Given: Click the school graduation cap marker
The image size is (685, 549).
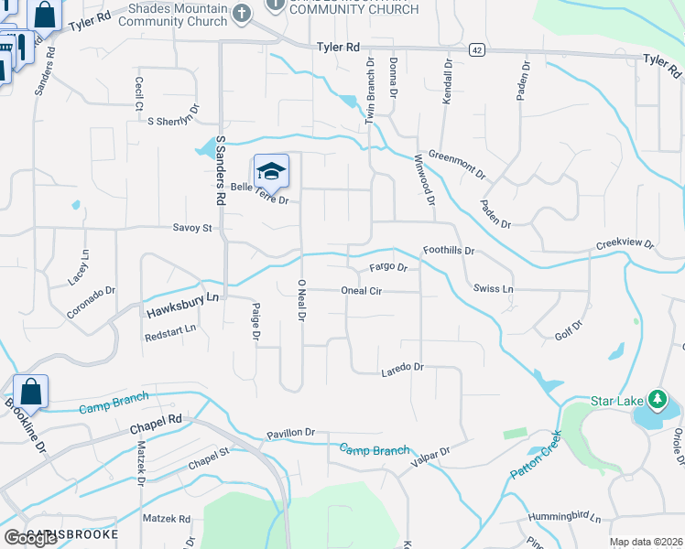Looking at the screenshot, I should tap(271, 171).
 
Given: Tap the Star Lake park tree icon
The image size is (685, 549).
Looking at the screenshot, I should tap(657, 400).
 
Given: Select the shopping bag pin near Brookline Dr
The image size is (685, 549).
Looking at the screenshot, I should tap(30, 392).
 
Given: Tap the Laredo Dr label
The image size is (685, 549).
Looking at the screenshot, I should tap(402, 367).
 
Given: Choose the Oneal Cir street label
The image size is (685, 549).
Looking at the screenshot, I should tap(361, 291).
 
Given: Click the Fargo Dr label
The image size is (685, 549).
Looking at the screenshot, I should tap(387, 268).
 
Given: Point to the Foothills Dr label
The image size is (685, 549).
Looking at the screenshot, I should tap(449, 250).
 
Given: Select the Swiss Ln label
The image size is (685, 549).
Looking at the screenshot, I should tap(494, 289).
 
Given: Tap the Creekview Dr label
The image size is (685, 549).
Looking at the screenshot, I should tap(625, 244).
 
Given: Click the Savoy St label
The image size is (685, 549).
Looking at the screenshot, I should tap(192, 228).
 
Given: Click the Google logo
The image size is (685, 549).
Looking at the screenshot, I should tap(30, 538).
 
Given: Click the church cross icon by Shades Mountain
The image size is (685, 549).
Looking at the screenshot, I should tap(241, 13).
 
